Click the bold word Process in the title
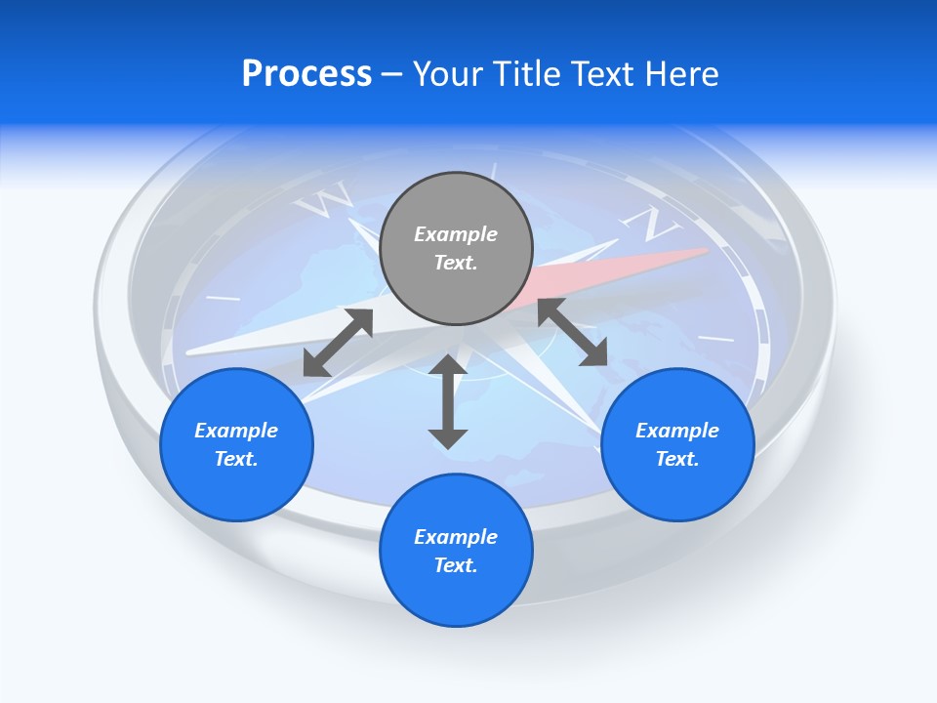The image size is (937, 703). [x=306, y=74]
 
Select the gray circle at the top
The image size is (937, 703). [x=456, y=249]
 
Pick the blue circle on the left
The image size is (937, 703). [x=236, y=444]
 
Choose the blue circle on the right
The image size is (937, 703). [x=677, y=444]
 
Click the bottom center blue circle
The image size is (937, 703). [x=456, y=551]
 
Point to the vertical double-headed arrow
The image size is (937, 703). [x=448, y=401]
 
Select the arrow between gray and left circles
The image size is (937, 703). [x=338, y=343]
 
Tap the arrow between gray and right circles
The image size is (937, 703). [x=573, y=332]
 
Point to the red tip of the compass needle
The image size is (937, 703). [x=683, y=259]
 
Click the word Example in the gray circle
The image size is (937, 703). [x=456, y=234]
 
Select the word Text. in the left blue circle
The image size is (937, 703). [x=236, y=459]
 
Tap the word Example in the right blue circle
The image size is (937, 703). [x=677, y=431]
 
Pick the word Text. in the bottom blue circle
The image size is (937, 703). [x=456, y=565]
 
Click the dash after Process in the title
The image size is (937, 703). [x=392, y=75]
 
